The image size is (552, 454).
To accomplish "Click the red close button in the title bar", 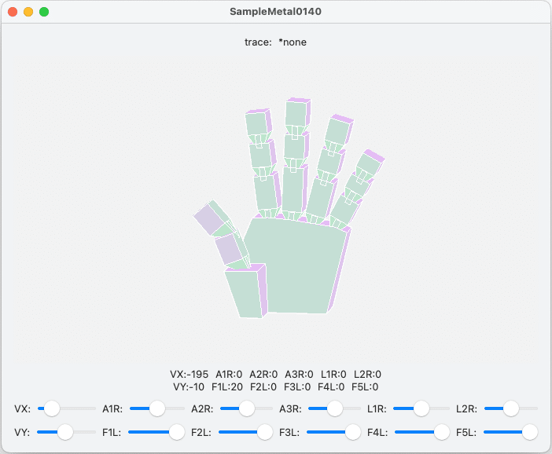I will [13, 12].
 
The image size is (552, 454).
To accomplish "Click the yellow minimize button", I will [28, 12].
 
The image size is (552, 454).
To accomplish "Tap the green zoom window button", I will [44, 12].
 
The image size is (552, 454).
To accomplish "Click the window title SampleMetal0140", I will [275, 12].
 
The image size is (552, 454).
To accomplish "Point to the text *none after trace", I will [293, 42].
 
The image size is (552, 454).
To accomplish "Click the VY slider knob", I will [65, 431].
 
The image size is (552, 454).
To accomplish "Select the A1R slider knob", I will [157, 408].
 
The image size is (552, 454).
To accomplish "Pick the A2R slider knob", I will [247, 408].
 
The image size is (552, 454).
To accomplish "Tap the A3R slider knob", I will [335, 408].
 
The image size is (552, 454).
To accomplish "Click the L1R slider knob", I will [421, 408].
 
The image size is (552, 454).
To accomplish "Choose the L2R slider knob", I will [511, 408].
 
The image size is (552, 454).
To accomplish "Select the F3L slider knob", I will [353, 431].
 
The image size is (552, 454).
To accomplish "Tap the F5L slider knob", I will [530, 431].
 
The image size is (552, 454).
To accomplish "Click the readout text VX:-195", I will [190, 375].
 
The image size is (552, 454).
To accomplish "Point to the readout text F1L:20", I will [226, 386].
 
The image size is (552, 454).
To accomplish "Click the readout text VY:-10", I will [189, 386].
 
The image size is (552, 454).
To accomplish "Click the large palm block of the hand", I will [299, 267].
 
